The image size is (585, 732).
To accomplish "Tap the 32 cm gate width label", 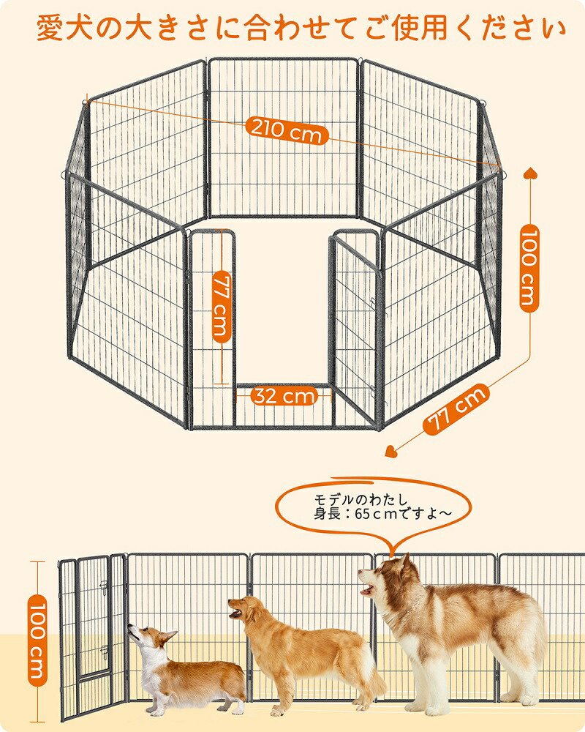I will click(x=284, y=397).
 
